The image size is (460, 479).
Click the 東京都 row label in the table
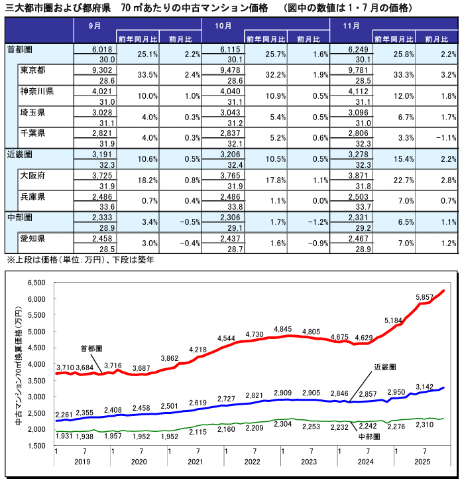tap(32, 70)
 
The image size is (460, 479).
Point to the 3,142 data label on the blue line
tap(424, 387)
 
